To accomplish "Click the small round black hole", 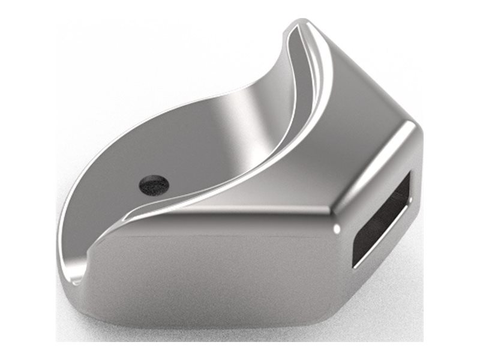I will pyautogui.click(x=154, y=184).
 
